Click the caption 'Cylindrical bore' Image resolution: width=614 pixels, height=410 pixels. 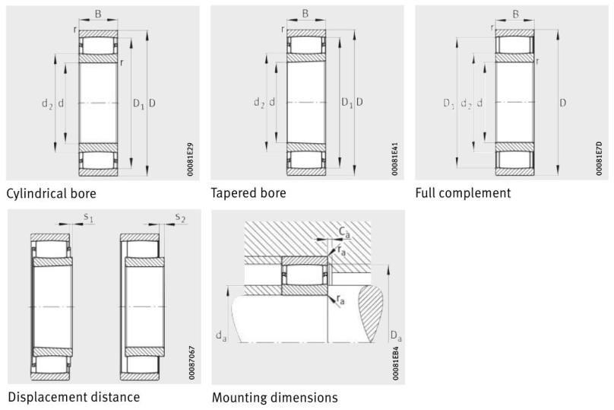52,193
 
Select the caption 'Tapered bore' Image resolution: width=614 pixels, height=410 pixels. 248,193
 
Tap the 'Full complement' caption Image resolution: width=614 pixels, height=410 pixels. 463,193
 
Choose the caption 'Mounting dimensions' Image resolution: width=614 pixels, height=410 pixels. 274,397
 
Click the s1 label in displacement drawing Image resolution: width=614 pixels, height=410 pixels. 88,218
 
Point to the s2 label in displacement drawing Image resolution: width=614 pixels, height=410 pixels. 180,218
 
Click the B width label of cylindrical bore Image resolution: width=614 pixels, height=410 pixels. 97,13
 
